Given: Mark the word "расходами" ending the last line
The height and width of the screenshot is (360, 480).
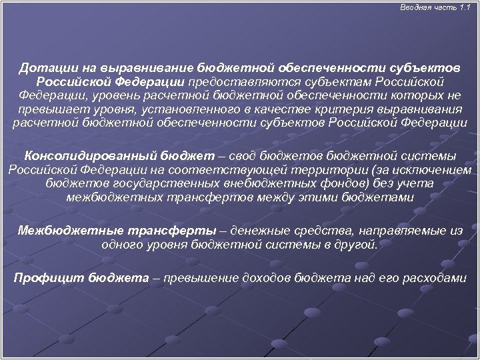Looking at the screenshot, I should [437, 278].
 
